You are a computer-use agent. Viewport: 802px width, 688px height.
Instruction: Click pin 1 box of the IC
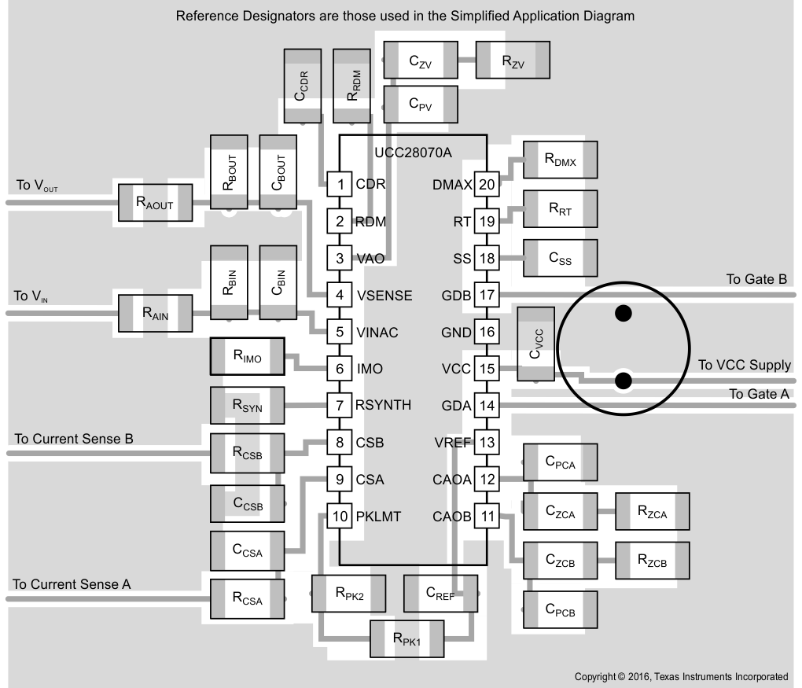click(x=340, y=185)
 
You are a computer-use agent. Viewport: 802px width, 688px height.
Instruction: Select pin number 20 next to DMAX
click(x=487, y=185)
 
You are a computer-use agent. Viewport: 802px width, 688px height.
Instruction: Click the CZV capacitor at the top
click(x=419, y=61)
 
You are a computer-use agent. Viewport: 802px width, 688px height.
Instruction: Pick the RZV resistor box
click(x=513, y=61)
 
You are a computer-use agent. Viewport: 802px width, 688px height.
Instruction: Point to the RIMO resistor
click(x=247, y=358)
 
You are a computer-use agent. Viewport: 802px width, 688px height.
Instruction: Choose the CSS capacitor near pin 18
click(x=560, y=257)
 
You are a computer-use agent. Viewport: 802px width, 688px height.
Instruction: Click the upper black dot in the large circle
click(x=624, y=314)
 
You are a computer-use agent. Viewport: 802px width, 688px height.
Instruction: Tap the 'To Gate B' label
click(x=756, y=279)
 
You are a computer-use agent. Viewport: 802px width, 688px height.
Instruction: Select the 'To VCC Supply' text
click(x=744, y=365)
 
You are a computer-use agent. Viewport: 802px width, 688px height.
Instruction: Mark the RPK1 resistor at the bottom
click(x=407, y=638)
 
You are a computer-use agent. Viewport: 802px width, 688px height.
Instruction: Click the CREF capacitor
click(x=440, y=594)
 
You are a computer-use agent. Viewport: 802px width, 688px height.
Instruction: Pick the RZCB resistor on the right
click(x=652, y=561)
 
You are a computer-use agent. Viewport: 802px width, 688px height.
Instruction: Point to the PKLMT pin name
click(x=378, y=517)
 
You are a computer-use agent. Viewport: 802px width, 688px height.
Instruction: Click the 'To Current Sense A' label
click(x=72, y=584)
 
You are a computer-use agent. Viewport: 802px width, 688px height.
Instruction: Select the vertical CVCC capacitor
click(x=535, y=345)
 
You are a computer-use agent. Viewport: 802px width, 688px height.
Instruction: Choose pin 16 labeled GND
click(x=487, y=332)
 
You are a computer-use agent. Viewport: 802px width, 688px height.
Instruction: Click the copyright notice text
click(x=681, y=676)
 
